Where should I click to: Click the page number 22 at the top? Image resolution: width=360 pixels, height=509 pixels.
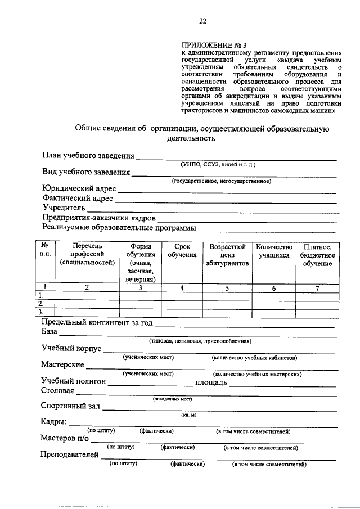click(202, 21)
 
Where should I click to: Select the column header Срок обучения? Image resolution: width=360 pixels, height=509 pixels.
click(182, 251)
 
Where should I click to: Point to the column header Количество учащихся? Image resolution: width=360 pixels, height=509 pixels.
click(274, 251)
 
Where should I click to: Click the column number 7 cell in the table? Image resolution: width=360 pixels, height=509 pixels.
click(317, 288)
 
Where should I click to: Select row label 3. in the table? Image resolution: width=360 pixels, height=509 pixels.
click(40, 312)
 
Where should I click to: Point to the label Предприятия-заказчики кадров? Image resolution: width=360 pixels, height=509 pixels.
click(99, 218)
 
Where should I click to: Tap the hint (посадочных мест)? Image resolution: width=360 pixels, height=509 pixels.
click(173, 399)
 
